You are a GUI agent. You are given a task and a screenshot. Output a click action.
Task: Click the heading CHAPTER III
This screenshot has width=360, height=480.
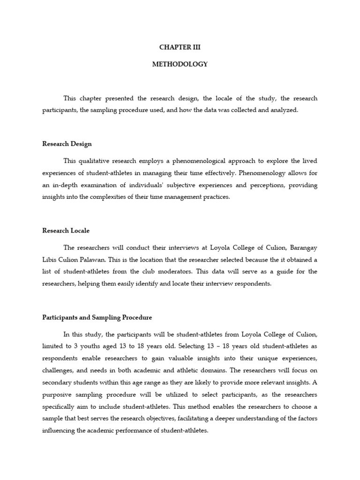[x=180, y=47]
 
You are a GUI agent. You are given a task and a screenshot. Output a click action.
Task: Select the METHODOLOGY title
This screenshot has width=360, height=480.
[x=180, y=64]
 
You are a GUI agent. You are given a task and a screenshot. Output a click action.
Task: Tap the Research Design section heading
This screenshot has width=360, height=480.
[x=67, y=144]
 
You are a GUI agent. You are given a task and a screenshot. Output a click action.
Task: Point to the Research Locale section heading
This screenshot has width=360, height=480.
[x=66, y=231]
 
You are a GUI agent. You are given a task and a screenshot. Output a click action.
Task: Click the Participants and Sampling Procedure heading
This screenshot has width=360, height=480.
[x=97, y=317]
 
